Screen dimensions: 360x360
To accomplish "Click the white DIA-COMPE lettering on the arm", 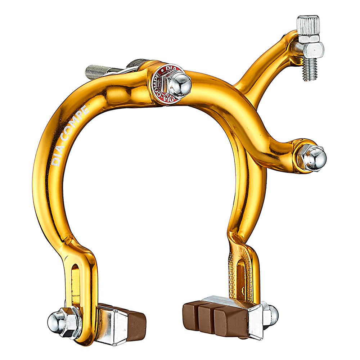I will (x=71, y=135).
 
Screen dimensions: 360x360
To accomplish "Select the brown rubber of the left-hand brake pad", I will (x=135, y=322).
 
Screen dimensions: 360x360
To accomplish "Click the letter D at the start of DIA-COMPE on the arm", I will (x=55, y=162).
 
